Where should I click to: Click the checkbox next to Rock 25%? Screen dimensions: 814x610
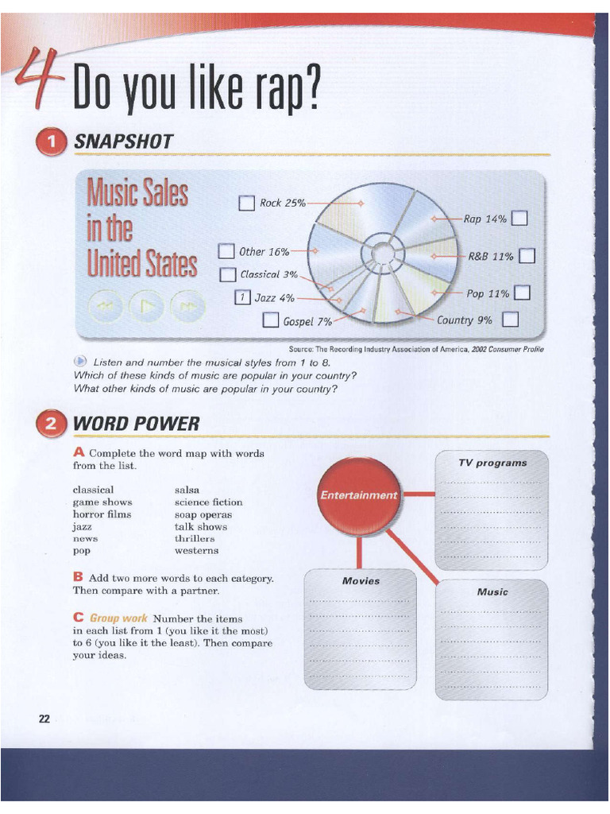tap(246, 203)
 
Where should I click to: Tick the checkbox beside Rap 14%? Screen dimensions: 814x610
tap(520, 219)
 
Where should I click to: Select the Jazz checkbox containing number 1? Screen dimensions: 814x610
tap(242, 298)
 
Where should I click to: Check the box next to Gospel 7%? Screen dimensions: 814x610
tap(270, 321)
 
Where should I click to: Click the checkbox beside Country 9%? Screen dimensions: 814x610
tap(511, 320)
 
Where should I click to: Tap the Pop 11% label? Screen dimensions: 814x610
tap(488, 294)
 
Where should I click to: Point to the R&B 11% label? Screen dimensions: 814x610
tap(491, 257)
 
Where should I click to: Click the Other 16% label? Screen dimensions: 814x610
tap(264, 252)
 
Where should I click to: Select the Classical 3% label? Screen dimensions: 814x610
tap(268, 275)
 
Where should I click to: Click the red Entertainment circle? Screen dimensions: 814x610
tap(358, 495)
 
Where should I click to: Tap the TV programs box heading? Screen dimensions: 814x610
tap(492, 463)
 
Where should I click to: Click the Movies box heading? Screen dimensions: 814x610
tap(361, 581)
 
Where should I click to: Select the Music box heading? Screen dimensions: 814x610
tap(492, 592)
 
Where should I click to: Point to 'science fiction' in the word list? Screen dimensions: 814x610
tap(208, 502)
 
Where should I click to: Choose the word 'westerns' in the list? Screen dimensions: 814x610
tap(196, 550)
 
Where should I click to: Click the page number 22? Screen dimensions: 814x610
tap(44, 719)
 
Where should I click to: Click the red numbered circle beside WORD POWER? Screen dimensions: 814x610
tap(52, 424)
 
